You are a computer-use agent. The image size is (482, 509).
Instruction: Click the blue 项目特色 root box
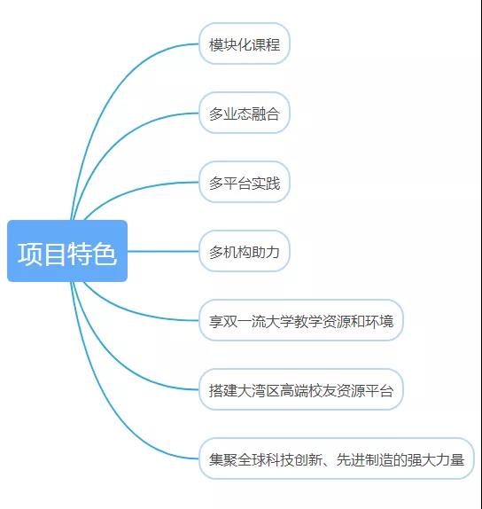67,251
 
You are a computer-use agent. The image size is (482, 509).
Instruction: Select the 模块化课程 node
245,43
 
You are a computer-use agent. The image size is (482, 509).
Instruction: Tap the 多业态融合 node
245,113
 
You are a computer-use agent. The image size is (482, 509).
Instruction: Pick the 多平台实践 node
245,182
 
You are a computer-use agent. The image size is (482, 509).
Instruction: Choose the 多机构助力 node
245,251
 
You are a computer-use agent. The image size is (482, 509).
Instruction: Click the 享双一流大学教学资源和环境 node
301,320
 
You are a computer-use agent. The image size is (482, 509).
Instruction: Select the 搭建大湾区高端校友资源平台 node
301,389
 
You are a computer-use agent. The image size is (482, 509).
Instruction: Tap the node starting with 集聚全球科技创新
337,458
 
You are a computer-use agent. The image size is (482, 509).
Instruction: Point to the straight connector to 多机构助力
163,251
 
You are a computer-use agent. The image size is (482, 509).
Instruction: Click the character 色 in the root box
105,254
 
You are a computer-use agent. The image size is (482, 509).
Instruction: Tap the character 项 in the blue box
29,254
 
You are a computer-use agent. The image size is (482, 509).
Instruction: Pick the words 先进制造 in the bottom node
364,459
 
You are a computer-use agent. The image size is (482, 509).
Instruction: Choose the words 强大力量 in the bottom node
436,459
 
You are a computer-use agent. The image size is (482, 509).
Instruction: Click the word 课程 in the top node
266,44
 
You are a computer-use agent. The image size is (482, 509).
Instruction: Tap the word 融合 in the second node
266,114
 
